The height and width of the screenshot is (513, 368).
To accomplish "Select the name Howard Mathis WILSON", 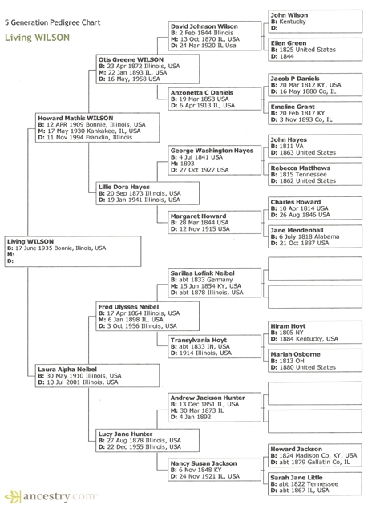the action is [75, 118].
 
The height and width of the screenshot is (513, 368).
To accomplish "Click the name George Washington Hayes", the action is [212, 151].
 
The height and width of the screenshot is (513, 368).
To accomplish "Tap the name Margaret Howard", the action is [198, 216].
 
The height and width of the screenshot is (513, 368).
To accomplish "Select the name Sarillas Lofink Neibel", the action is [208, 273].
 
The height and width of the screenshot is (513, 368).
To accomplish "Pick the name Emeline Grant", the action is [293, 107].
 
